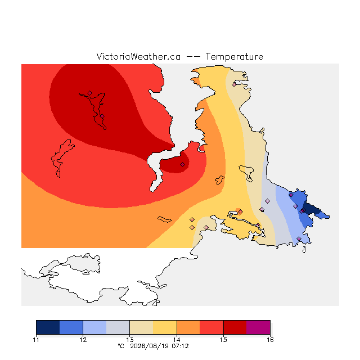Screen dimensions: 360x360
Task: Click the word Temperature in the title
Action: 234,56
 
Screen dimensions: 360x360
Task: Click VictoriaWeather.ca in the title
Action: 138,56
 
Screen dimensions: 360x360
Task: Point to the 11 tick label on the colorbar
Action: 36,340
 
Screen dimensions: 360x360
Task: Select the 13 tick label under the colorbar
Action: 130,340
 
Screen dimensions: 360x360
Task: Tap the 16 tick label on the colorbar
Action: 270,340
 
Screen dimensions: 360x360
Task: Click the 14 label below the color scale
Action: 177,340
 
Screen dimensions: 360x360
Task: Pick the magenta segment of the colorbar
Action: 258,327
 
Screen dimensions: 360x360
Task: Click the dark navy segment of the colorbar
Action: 48,327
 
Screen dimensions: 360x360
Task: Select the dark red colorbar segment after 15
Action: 235,327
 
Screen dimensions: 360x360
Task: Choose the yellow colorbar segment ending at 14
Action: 165,327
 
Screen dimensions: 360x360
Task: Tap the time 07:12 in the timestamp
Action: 180,346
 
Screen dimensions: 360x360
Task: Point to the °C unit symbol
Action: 121,346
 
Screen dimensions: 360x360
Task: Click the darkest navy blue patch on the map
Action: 311,208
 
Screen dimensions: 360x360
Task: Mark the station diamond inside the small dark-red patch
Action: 182,164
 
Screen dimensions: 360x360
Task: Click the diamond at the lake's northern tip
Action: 90,93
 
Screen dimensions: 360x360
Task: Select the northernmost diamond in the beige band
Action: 234,85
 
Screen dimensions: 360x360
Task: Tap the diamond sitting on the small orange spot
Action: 240,211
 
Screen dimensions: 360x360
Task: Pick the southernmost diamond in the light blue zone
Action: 299,238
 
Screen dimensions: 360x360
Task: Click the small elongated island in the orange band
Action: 164,219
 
